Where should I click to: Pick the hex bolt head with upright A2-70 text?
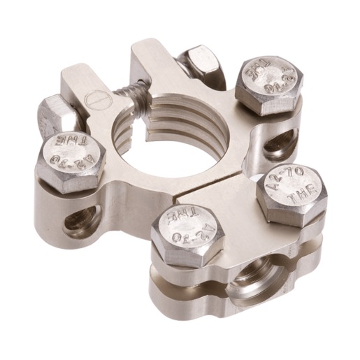tap(291, 194)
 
